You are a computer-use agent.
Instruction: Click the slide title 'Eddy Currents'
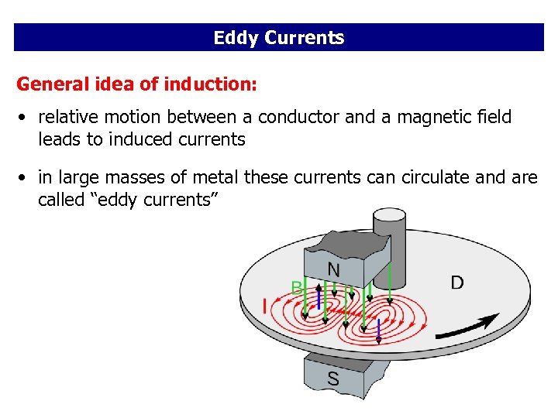point(279,38)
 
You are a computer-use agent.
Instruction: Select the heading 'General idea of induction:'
point(136,84)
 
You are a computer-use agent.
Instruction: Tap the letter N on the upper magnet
point(333,269)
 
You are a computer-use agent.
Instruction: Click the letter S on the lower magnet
point(332,379)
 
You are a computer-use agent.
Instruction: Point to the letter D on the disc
point(457,283)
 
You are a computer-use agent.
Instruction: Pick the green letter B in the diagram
point(296,287)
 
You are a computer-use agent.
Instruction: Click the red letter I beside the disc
point(264,307)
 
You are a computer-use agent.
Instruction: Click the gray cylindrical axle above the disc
point(389,232)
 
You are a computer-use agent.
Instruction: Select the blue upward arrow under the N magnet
point(319,299)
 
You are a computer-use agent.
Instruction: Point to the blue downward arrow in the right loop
point(378,332)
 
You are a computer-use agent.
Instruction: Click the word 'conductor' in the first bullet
point(295,117)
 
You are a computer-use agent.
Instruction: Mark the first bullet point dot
point(25,118)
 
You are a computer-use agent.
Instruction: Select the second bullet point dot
point(25,178)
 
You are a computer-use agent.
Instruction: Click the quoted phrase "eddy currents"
point(152,200)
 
